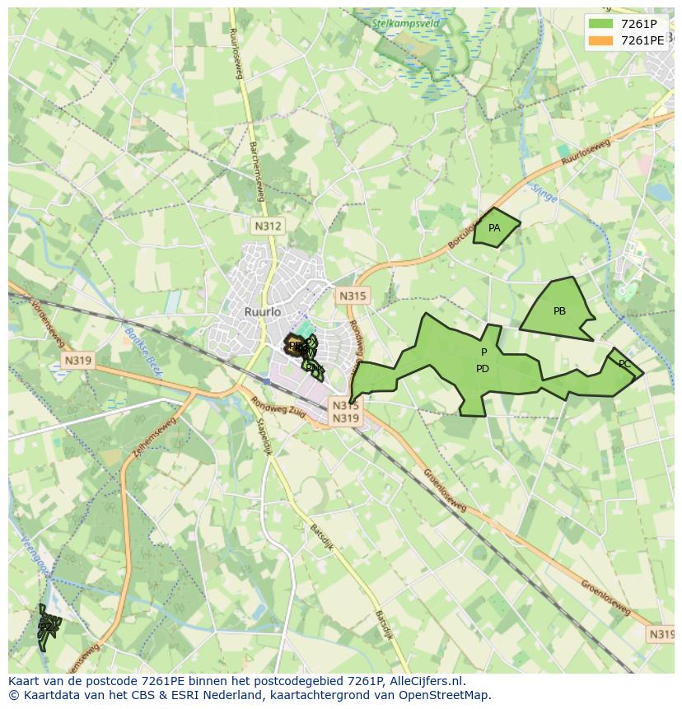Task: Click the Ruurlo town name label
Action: (263, 312)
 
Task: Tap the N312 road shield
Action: (268, 226)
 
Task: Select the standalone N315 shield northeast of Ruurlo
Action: (353, 296)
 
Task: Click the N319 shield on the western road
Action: (77, 360)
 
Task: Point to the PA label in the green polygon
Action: (494, 228)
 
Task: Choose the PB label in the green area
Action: (559, 311)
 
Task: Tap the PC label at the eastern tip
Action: (624, 364)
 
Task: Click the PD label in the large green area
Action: (483, 369)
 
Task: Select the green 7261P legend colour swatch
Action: (601, 24)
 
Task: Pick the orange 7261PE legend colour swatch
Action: (601, 40)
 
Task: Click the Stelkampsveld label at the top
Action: (405, 24)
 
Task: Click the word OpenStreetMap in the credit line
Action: (444, 694)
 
